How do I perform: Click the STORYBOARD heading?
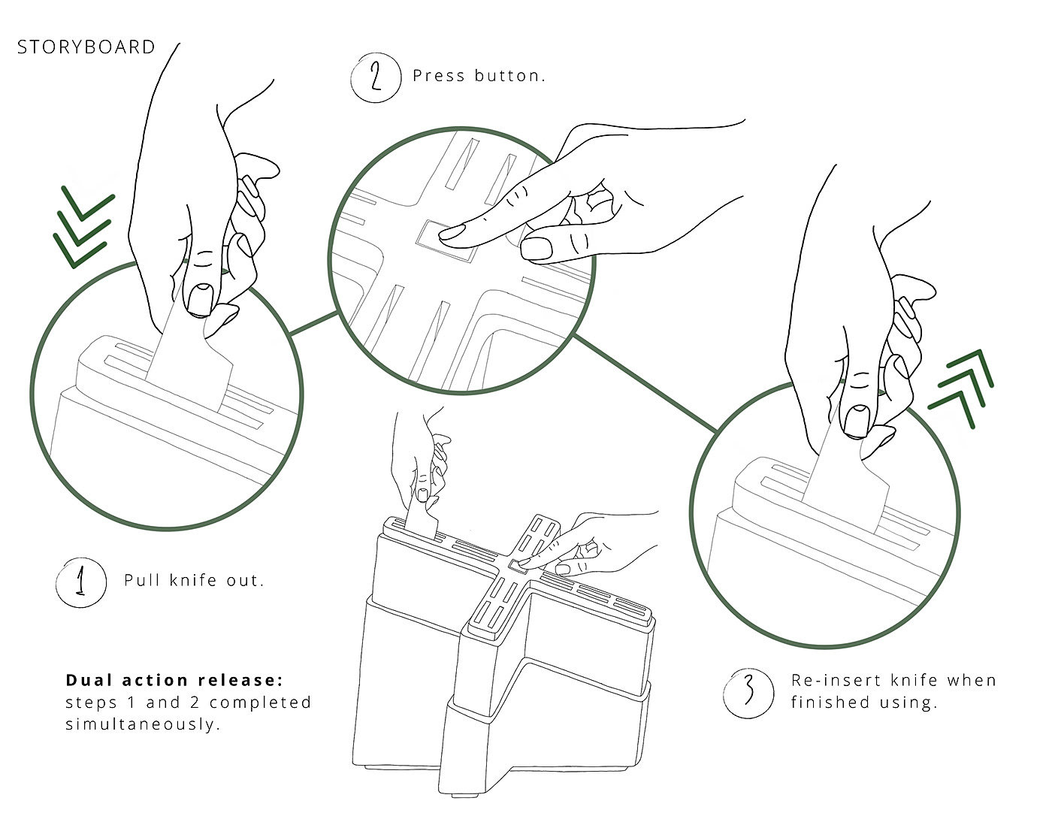(x=86, y=47)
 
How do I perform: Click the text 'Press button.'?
(x=479, y=76)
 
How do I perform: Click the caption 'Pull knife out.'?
(x=194, y=580)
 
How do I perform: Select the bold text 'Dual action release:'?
(x=174, y=680)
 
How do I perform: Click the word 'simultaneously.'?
(x=143, y=725)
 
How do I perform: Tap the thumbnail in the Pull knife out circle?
(x=200, y=299)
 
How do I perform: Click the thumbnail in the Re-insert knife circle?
(x=856, y=421)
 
